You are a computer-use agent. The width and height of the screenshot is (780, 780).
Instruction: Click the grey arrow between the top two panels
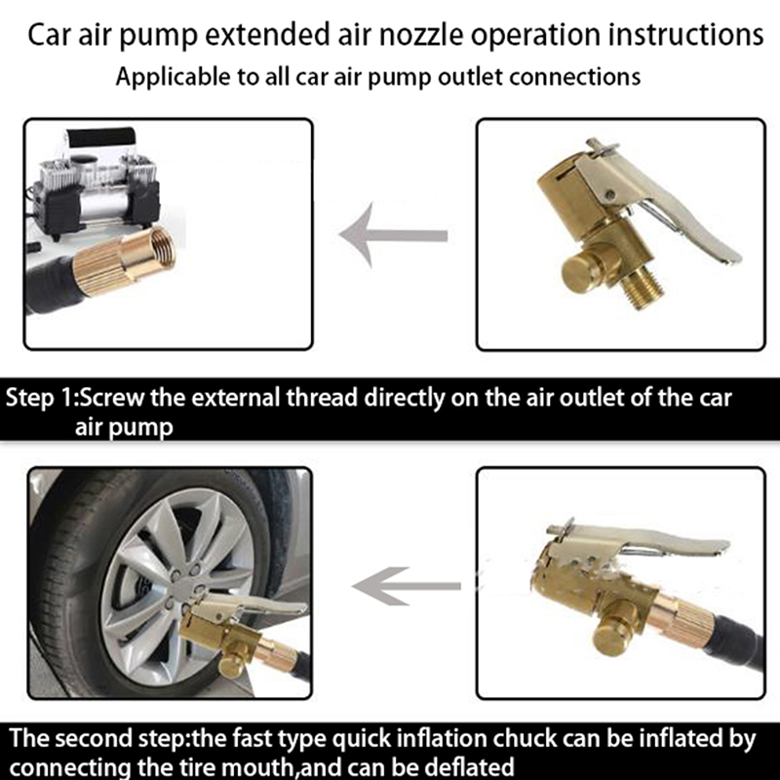pyautogui.click(x=394, y=235)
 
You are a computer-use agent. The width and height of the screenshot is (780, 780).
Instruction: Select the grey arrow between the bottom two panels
pyautogui.click(x=407, y=586)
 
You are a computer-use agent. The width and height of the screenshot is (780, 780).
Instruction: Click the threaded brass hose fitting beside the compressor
pyautogui.click(x=125, y=262)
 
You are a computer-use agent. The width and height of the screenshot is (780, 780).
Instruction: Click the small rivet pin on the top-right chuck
pyautogui.click(x=609, y=194)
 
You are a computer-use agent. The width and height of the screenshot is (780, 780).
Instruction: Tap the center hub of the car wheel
pyautogui.click(x=183, y=590)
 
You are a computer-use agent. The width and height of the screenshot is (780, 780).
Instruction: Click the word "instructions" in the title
pyautogui.click(x=685, y=35)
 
